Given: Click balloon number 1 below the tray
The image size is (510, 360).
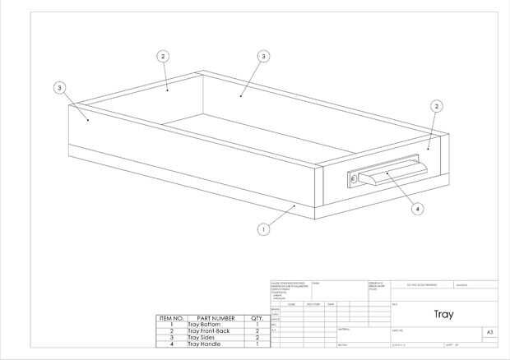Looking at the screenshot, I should click(x=263, y=229).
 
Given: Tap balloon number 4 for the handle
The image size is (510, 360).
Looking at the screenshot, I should click(x=417, y=209).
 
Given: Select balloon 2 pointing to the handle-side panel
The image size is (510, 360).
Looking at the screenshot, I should click(x=437, y=106).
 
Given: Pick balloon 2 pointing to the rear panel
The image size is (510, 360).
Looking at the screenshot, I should click(x=163, y=57).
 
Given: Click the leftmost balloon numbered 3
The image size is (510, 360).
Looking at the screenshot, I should click(x=59, y=87).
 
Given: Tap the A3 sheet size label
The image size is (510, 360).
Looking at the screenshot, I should click(x=489, y=331).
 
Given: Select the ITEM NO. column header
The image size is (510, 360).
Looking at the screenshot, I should click(x=171, y=318).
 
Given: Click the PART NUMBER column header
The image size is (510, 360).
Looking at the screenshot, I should click(x=216, y=318).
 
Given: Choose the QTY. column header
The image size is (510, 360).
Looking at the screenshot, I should click(x=257, y=318).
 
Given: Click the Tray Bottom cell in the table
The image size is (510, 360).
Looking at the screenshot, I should click(x=203, y=325).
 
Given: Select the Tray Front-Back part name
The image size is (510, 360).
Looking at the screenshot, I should click(x=209, y=331).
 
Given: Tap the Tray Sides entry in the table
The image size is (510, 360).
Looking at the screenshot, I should click(x=202, y=338).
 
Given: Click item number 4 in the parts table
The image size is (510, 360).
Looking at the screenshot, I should click(x=171, y=344).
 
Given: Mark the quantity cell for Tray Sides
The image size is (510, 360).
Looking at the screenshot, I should click(x=257, y=338).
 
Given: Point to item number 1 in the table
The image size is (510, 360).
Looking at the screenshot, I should click(x=171, y=325).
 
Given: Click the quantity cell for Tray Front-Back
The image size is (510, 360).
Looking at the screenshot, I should click(x=257, y=331).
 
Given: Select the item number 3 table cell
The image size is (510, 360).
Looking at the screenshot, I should click(x=171, y=338).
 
